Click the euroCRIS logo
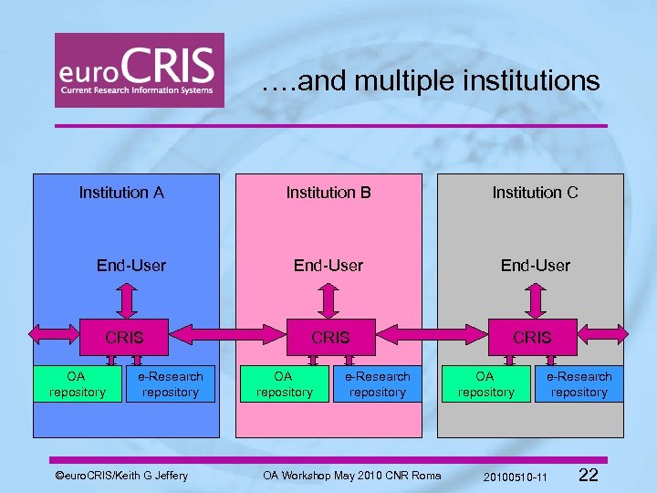click(139, 70)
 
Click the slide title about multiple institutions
click(430, 82)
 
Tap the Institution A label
click(121, 193)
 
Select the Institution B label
click(328, 193)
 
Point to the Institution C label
click(535, 193)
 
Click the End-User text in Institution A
click(131, 266)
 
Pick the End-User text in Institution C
click(535, 266)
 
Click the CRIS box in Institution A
click(125, 337)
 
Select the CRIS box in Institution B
click(330, 337)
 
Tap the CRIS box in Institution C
click(532, 337)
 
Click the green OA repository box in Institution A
click(77, 384)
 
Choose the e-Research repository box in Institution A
click(171, 384)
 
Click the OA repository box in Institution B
click(284, 384)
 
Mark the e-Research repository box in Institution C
click(579, 384)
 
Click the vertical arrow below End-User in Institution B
click(329, 299)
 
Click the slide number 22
click(589, 475)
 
